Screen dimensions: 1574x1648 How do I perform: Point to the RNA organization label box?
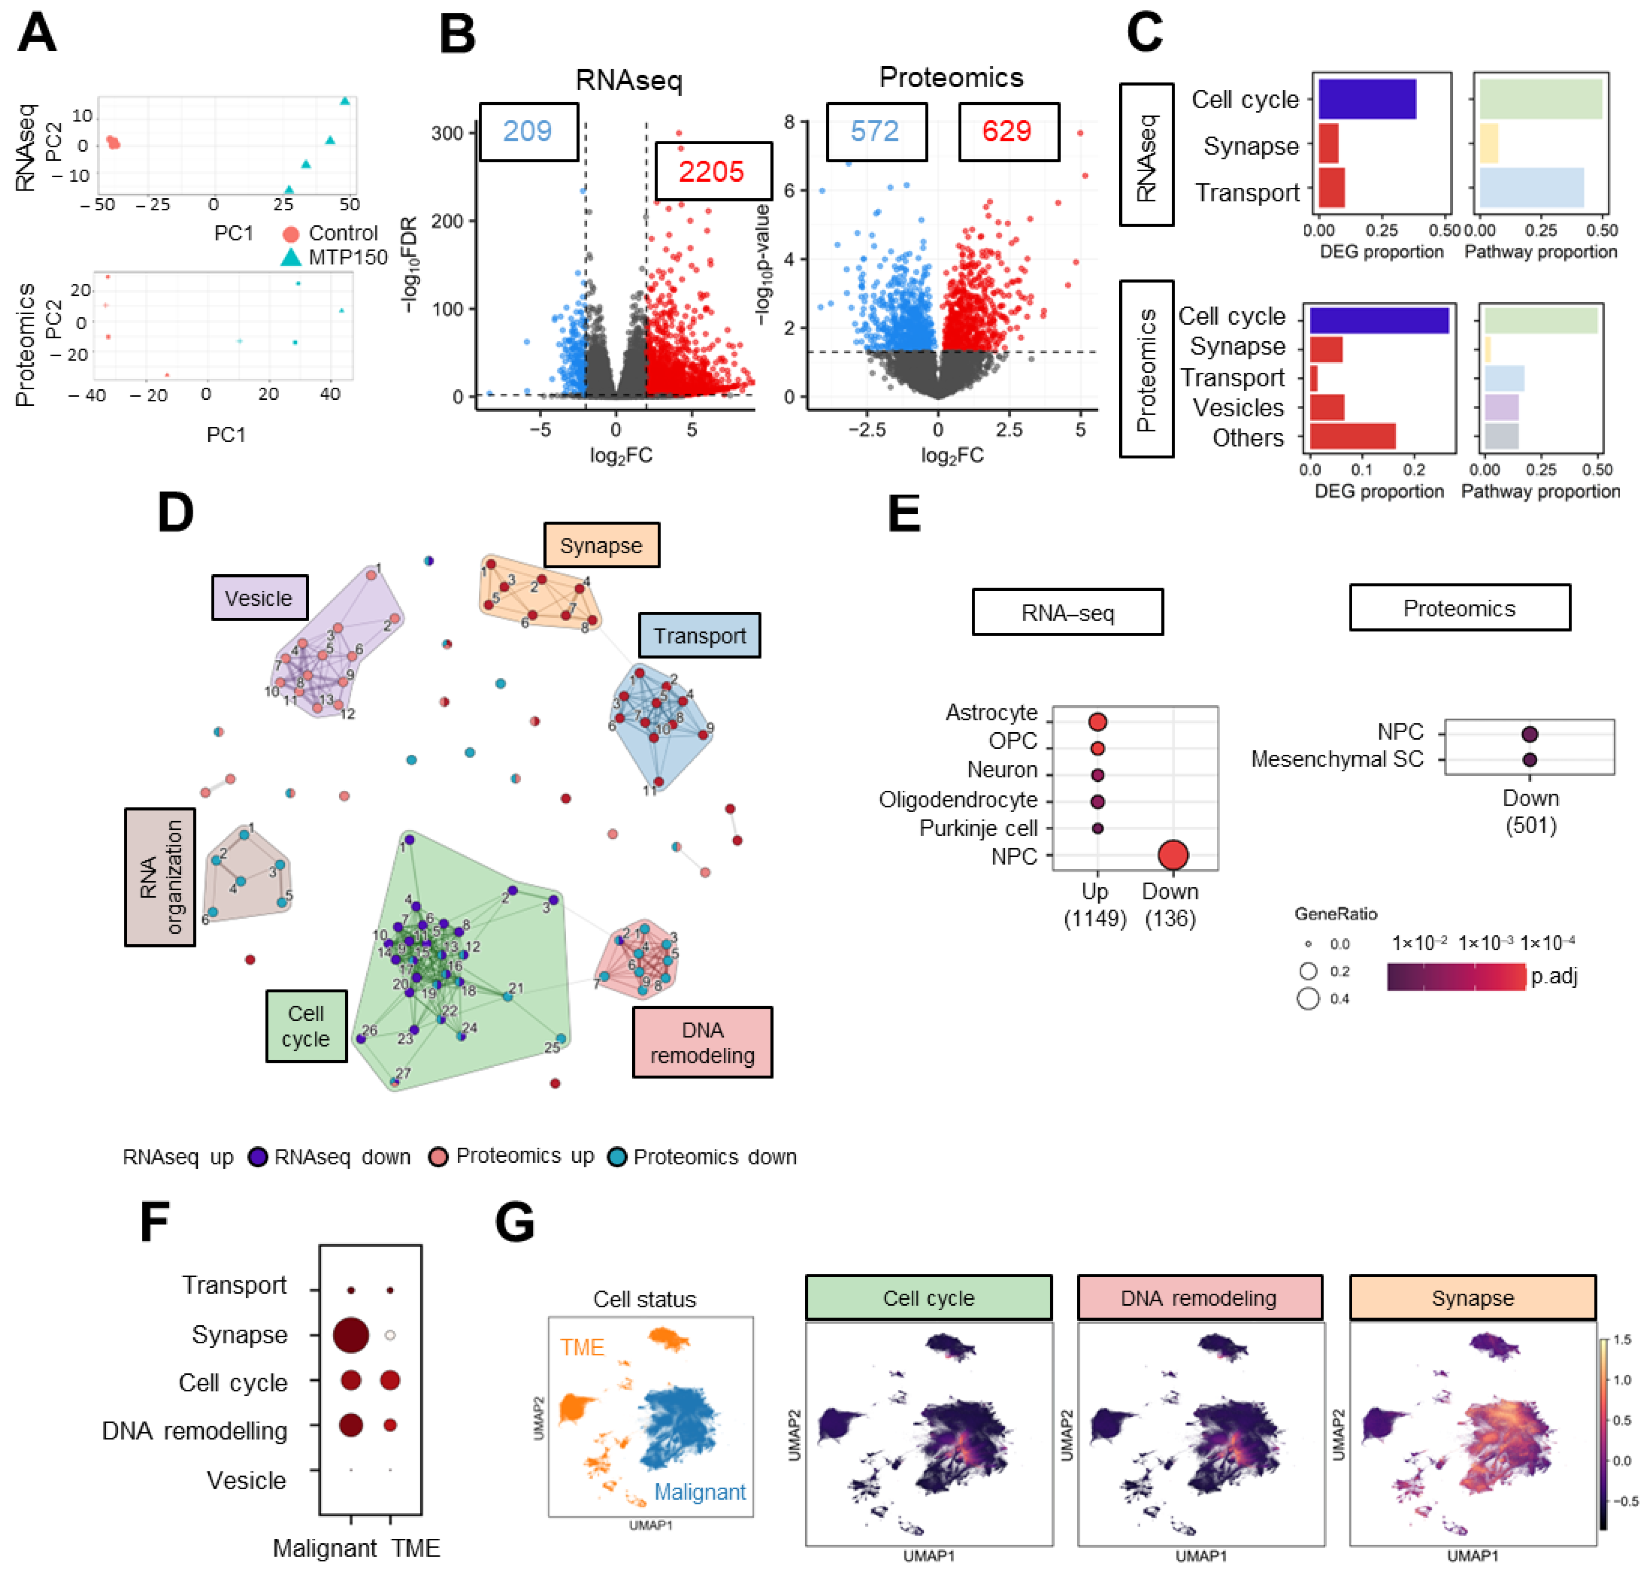(x=160, y=877)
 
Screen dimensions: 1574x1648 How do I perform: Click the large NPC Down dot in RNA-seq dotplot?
(x=1172, y=855)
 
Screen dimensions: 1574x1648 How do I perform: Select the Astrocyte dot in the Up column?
(x=1097, y=722)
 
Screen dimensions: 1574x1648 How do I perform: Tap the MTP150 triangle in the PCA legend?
(x=290, y=257)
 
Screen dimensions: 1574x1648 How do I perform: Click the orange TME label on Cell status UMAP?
(x=582, y=1347)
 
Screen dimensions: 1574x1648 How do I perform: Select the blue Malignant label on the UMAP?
(x=699, y=1491)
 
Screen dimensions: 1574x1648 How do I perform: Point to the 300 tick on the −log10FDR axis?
(x=447, y=133)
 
